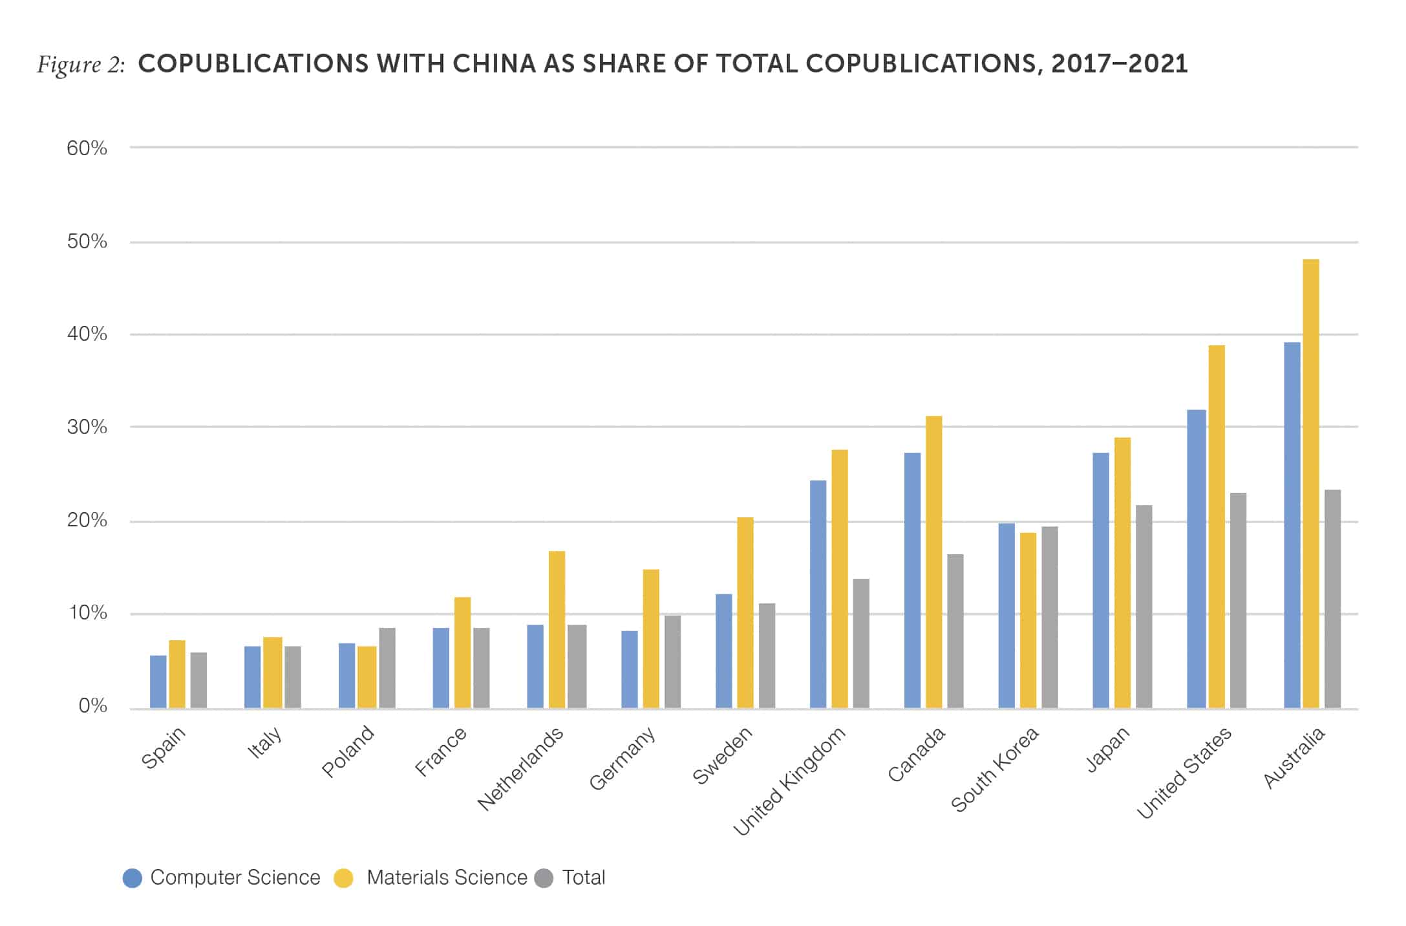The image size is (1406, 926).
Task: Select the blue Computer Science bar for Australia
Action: (x=1291, y=524)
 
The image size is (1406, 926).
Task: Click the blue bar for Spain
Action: (x=158, y=682)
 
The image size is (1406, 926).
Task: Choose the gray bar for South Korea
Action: (x=1049, y=617)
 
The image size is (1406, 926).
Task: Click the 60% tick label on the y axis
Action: (x=87, y=148)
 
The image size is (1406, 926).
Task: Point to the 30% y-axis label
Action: (x=87, y=427)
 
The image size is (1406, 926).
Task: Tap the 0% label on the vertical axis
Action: (x=92, y=705)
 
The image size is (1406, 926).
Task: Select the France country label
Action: (x=440, y=751)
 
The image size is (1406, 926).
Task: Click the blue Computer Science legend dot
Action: (x=132, y=878)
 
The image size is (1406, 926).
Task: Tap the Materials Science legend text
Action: (x=447, y=878)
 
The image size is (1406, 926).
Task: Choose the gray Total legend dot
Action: (x=544, y=878)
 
